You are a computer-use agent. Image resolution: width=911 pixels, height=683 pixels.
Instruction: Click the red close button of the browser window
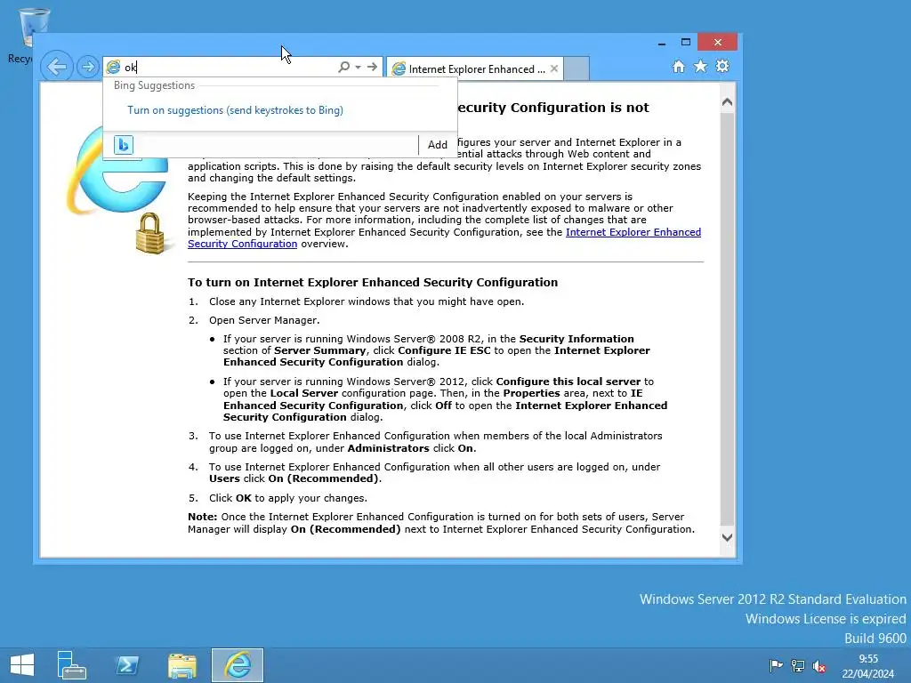pos(717,42)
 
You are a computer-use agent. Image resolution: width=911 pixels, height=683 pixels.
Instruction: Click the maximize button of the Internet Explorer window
pos(686,42)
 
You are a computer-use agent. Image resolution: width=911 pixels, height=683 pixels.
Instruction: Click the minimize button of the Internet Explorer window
pos(661,42)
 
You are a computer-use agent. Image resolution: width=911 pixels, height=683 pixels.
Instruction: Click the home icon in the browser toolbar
pos(679,67)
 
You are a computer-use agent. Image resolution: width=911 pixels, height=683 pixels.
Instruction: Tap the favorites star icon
pos(700,67)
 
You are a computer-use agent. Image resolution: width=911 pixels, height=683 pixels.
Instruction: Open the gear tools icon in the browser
pos(722,67)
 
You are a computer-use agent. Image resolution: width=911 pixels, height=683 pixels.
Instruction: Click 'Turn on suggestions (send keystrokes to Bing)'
pos(235,110)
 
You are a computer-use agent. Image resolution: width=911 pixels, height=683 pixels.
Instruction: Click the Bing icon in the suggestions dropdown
pos(124,145)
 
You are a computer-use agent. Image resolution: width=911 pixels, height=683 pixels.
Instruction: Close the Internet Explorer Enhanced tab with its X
pos(555,68)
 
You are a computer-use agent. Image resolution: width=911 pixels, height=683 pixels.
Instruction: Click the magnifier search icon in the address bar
pos(343,68)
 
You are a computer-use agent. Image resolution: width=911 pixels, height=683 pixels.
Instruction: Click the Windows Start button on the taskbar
pos(21,664)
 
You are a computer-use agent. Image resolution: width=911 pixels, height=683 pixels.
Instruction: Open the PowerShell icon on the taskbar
pos(127,665)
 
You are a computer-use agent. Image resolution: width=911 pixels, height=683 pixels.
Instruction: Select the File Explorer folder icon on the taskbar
pos(182,665)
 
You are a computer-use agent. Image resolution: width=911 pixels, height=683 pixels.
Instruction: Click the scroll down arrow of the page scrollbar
pos(727,537)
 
